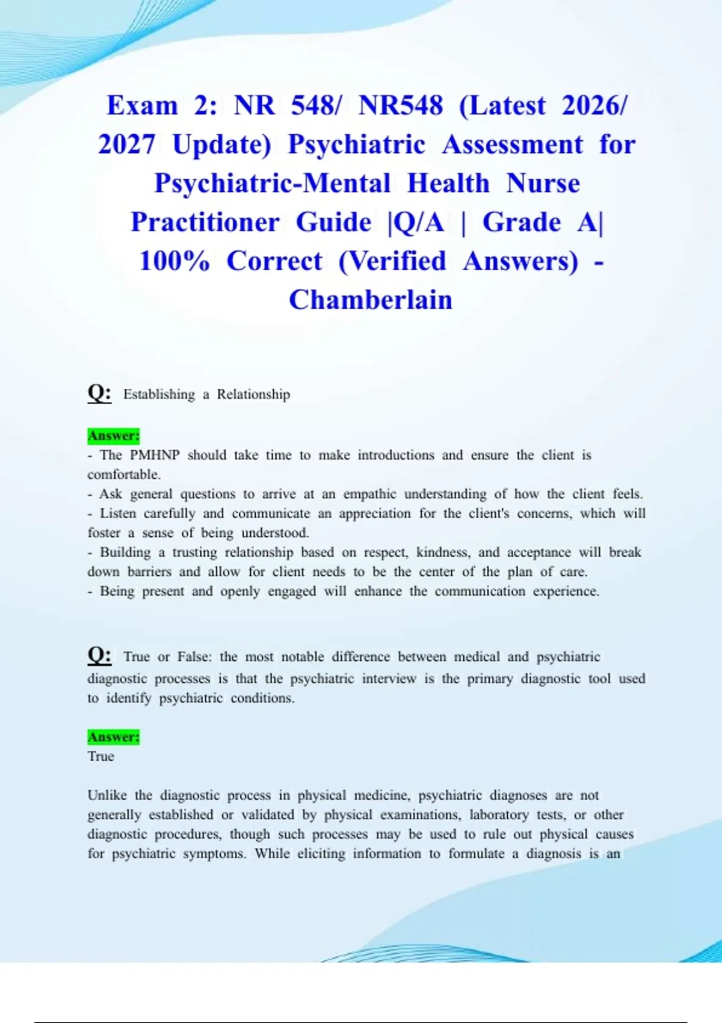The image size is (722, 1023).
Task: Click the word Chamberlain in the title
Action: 370,300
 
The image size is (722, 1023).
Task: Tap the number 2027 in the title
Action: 127,144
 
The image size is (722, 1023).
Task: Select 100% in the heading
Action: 174,261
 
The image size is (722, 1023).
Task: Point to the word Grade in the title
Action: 522,222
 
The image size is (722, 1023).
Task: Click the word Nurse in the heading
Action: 543,183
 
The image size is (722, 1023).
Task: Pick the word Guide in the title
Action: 333,222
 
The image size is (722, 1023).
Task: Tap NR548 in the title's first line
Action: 400,105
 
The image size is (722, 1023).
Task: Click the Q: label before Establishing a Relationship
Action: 99,393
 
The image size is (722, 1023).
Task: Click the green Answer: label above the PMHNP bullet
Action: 113,435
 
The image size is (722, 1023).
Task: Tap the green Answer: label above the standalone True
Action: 113,737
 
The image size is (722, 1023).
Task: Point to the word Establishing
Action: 159,395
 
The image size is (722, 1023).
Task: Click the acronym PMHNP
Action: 155,455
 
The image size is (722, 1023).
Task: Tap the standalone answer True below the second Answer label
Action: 100,756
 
